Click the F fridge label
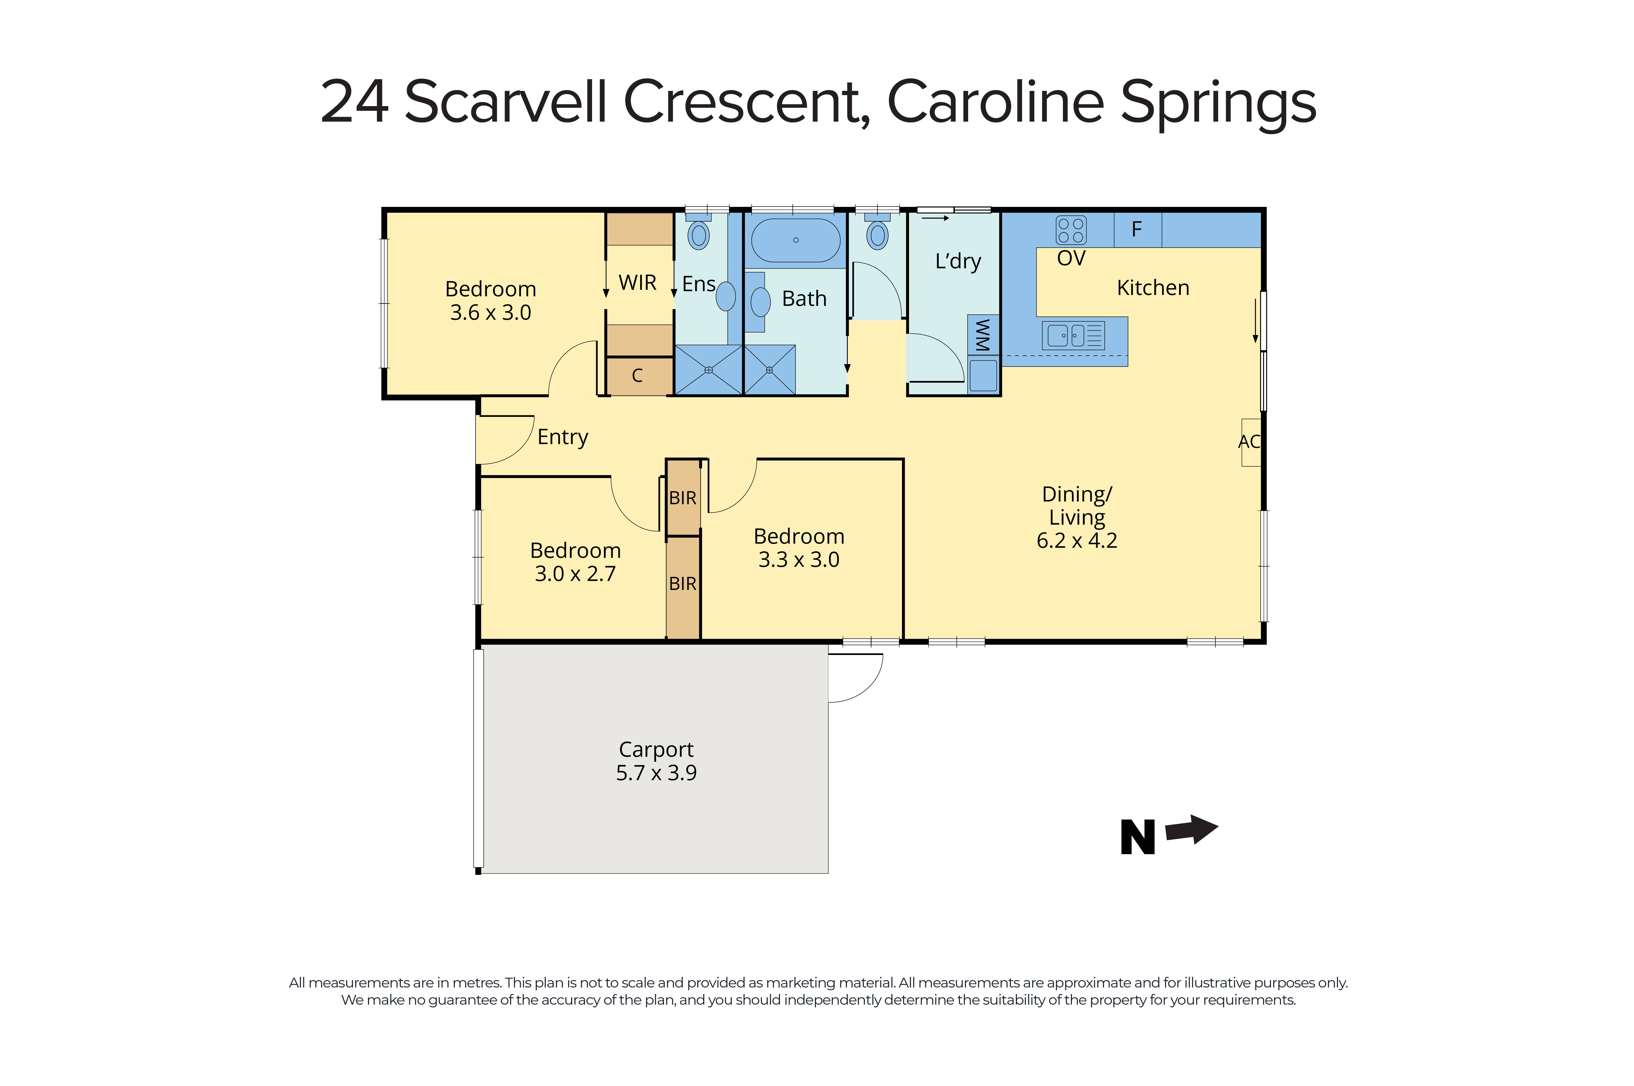(x=1136, y=229)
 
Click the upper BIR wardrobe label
(x=682, y=498)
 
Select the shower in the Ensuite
(x=708, y=370)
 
